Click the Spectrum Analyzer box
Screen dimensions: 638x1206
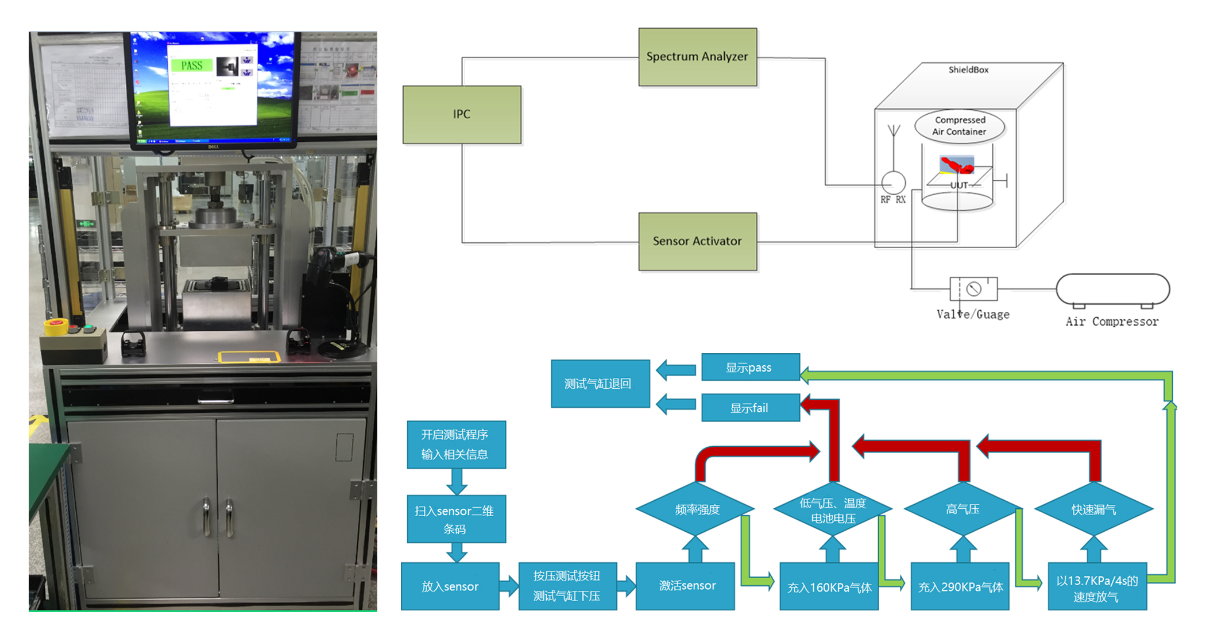click(x=697, y=57)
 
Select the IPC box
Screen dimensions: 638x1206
click(x=462, y=114)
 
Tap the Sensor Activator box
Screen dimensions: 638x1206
click(x=697, y=241)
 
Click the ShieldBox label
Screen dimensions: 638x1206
click(x=968, y=70)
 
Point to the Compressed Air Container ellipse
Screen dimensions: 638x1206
click(x=959, y=126)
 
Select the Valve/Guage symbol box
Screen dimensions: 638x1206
click(x=973, y=289)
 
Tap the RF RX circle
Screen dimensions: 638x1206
click(x=893, y=183)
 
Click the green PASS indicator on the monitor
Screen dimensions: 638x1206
click(x=192, y=65)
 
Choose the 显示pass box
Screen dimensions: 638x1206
click(x=750, y=368)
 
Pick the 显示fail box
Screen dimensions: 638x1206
click(x=750, y=408)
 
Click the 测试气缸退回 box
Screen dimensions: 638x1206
click(x=600, y=384)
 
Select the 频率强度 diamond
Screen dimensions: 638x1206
click(x=696, y=509)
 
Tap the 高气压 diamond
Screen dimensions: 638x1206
click(x=963, y=509)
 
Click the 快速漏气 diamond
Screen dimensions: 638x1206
click(x=1093, y=509)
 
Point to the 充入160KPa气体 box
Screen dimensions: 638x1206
click(x=829, y=587)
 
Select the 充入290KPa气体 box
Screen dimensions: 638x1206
click(x=960, y=587)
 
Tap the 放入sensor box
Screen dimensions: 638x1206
click(x=450, y=586)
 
